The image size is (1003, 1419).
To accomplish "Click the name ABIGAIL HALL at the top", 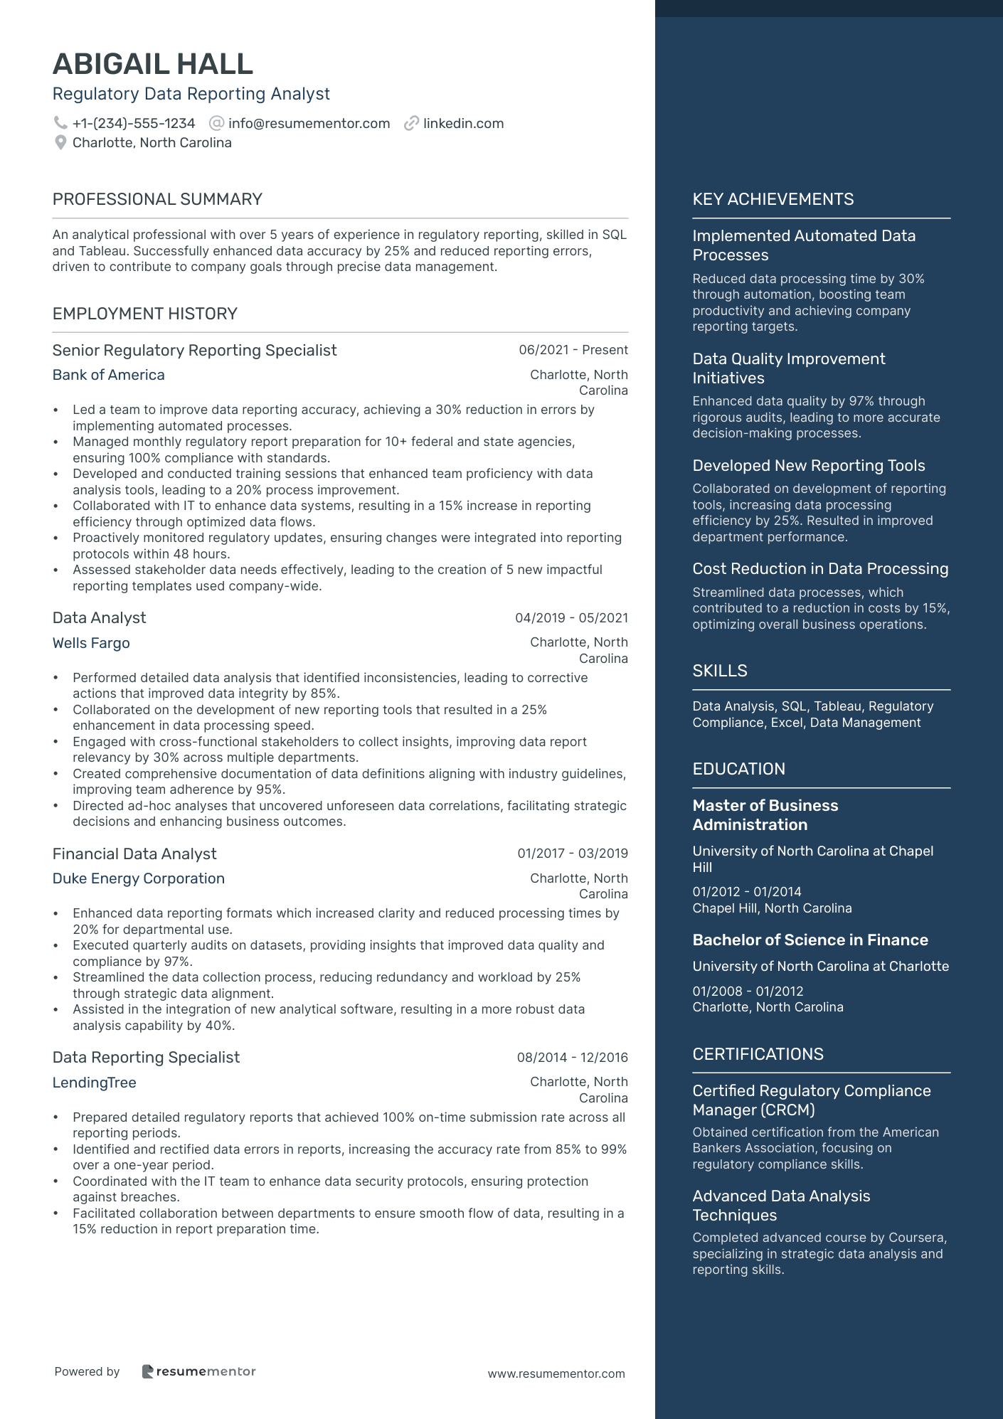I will [x=153, y=65].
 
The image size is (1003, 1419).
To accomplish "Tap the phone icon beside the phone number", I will [x=60, y=123].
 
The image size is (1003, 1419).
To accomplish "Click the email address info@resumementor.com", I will [x=309, y=124].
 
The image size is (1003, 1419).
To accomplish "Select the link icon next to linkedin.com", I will [x=411, y=124].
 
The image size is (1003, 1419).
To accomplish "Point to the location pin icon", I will [x=60, y=143].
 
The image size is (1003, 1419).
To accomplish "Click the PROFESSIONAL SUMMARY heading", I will [x=157, y=199].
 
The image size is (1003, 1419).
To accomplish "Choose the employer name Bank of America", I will [x=109, y=375].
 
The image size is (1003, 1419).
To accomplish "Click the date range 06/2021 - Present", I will [x=573, y=350].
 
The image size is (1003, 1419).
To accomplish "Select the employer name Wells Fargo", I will [x=91, y=643].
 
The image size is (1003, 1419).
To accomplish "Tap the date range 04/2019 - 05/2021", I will [x=571, y=618].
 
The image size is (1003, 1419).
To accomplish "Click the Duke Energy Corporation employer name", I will [x=139, y=878].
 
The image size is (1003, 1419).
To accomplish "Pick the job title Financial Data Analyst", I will [x=134, y=854].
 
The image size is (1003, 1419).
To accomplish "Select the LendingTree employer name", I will [x=95, y=1083].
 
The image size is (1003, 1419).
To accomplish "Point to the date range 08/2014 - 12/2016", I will [x=572, y=1058].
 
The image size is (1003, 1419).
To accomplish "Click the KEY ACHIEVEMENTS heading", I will [x=773, y=199].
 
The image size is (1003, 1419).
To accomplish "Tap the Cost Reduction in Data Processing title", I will [x=820, y=569].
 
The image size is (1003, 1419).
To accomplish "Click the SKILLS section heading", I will [x=720, y=671].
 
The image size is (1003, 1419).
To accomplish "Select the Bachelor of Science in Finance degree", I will [x=810, y=940].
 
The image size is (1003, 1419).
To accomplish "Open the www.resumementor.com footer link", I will [x=556, y=1373].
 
